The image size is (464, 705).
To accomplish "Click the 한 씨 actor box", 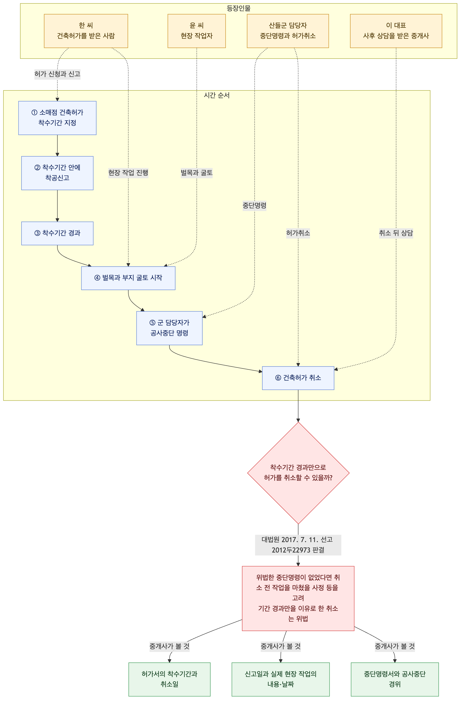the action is click(x=86, y=31).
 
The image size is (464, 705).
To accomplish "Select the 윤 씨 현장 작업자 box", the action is click(x=196, y=31).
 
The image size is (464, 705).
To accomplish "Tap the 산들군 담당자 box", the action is click(x=288, y=31).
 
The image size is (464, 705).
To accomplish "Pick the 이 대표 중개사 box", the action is click(x=396, y=31).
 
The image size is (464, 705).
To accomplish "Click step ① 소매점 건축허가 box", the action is click(x=57, y=118).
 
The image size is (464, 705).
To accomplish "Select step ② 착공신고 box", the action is click(x=57, y=173).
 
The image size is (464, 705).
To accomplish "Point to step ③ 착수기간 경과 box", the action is click(x=57, y=233).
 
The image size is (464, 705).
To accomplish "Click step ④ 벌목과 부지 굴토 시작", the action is click(x=128, y=278).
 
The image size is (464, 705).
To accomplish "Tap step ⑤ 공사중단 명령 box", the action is click(x=169, y=328).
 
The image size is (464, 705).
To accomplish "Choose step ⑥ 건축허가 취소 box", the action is click(x=298, y=378).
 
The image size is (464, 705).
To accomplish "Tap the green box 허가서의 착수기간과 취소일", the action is click(x=169, y=679).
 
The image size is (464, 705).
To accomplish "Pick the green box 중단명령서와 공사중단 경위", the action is click(x=395, y=679).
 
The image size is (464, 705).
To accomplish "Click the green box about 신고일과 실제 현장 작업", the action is click(x=281, y=679).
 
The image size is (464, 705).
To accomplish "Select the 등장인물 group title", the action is click(x=239, y=8).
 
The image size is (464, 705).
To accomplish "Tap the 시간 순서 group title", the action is click(x=217, y=95).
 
